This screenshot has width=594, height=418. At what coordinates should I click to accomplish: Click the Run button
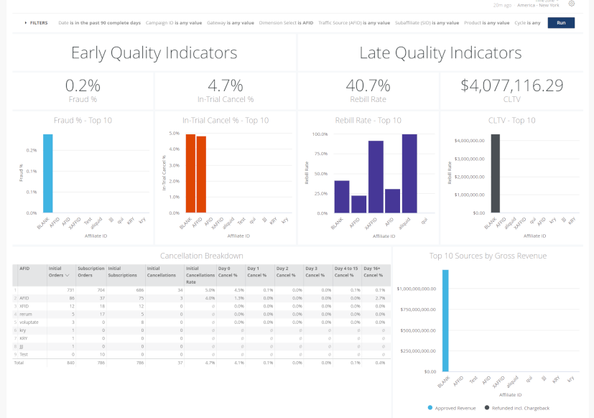pos(560,22)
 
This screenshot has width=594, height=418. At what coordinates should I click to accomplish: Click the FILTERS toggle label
pos(38,23)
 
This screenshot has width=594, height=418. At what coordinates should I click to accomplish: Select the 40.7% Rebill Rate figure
pos(368,85)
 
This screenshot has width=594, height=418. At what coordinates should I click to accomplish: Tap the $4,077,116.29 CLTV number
pos(511,85)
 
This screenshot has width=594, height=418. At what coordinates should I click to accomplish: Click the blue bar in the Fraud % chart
pos(47,174)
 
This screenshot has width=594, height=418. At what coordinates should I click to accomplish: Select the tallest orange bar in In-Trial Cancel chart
pos(190,174)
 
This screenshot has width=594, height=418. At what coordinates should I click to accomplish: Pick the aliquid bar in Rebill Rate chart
pos(409,174)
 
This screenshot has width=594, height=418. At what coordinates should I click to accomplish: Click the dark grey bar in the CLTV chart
pos(495,174)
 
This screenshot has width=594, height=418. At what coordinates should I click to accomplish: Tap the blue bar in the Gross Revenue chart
pos(445,320)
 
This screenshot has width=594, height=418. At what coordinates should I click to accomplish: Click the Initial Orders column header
pos(59,271)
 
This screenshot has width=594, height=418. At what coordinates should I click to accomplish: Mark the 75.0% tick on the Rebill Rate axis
pos(320,153)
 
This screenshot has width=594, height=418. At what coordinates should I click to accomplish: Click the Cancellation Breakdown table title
pos(201,256)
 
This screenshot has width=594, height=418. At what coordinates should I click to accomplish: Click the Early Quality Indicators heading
pos(154,52)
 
